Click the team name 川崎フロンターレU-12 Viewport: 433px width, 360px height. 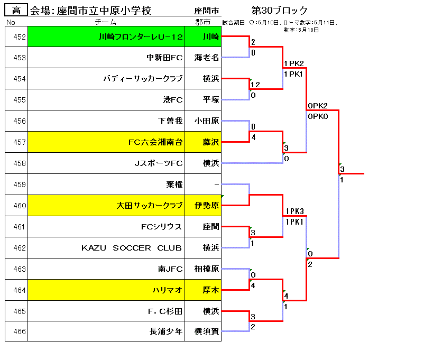coord(141,37)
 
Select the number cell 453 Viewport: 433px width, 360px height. coord(20,58)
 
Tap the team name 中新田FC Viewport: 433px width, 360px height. coord(164,58)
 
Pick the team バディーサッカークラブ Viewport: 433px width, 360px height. coord(143,79)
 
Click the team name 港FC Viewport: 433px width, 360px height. coord(173,100)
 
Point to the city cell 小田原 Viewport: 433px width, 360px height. coord(206,121)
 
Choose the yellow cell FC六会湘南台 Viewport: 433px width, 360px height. coord(155,142)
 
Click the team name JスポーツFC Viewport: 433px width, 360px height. coord(159,163)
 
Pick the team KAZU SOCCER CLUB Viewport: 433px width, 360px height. coord(131,248)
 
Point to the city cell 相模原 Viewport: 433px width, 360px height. coord(206,269)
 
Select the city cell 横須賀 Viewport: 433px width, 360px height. coord(206,332)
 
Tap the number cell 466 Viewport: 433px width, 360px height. coord(20,332)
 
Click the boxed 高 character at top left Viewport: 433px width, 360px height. coord(16,11)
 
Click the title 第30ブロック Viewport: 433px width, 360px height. coord(280,11)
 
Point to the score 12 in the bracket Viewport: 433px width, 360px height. coord(255,85)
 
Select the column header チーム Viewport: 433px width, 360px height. coord(106,22)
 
